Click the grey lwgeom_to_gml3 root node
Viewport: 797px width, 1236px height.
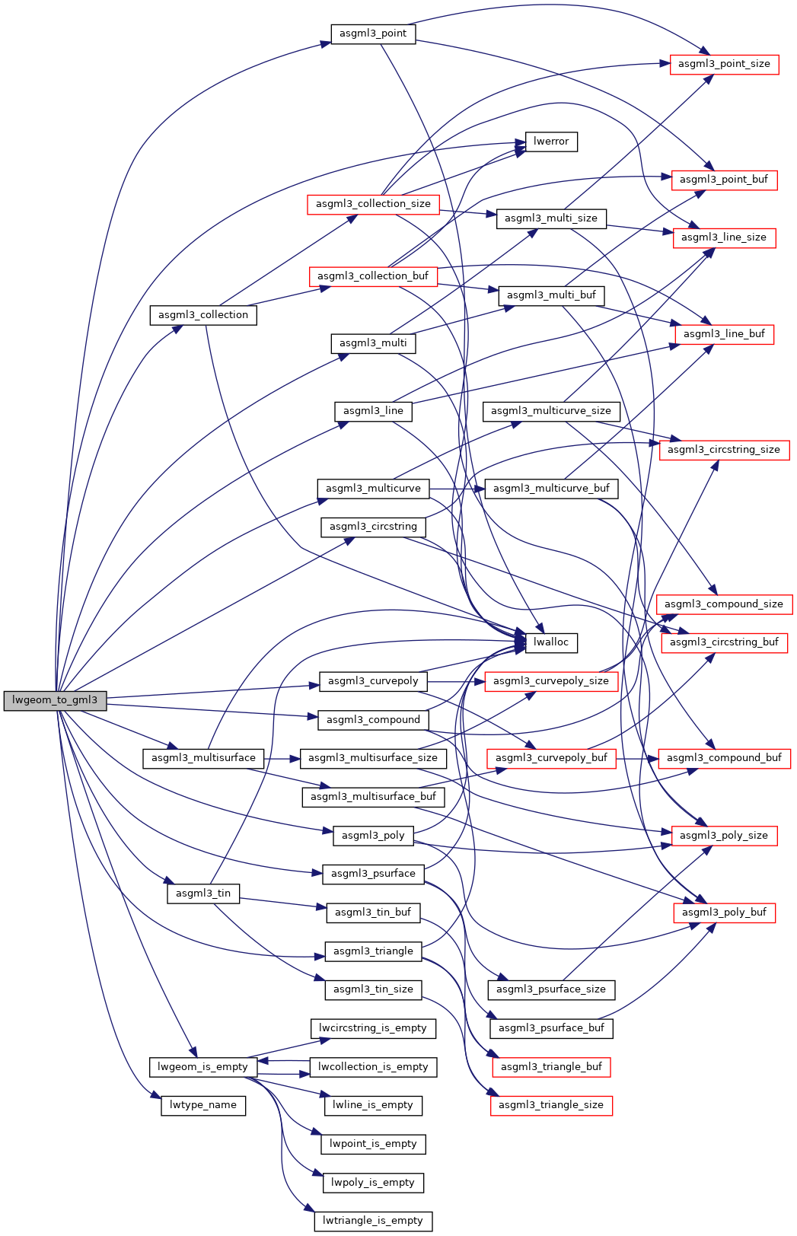click(55, 700)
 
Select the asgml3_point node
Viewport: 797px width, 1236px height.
click(373, 33)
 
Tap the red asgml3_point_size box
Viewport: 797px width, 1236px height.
click(724, 64)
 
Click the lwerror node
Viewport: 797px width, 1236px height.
click(551, 142)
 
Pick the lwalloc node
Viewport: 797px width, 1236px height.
click(551, 642)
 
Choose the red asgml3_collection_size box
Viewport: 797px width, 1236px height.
click(373, 204)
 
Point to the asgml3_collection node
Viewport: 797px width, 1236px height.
click(202, 315)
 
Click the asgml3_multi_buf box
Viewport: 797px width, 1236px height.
click(551, 295)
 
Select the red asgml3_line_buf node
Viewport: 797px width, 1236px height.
click(724, 334)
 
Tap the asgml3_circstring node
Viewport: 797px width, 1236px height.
click(373, 527)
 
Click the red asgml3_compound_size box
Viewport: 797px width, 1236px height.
click(723, 604)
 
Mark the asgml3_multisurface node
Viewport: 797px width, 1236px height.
click(203, 758)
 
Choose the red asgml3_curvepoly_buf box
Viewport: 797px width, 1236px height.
click(551, 758)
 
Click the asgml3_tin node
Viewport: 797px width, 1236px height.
click(202, 894)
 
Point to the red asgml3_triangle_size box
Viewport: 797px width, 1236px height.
click(551, 1105)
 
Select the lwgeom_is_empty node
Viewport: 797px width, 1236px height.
click(202, 1067)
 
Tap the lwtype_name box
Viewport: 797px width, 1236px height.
click(202, 1105)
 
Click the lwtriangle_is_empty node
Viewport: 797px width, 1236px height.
click(373, 1221)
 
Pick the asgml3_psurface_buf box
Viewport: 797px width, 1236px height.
click(551, 1028)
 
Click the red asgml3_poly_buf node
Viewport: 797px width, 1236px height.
click(724, 913)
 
